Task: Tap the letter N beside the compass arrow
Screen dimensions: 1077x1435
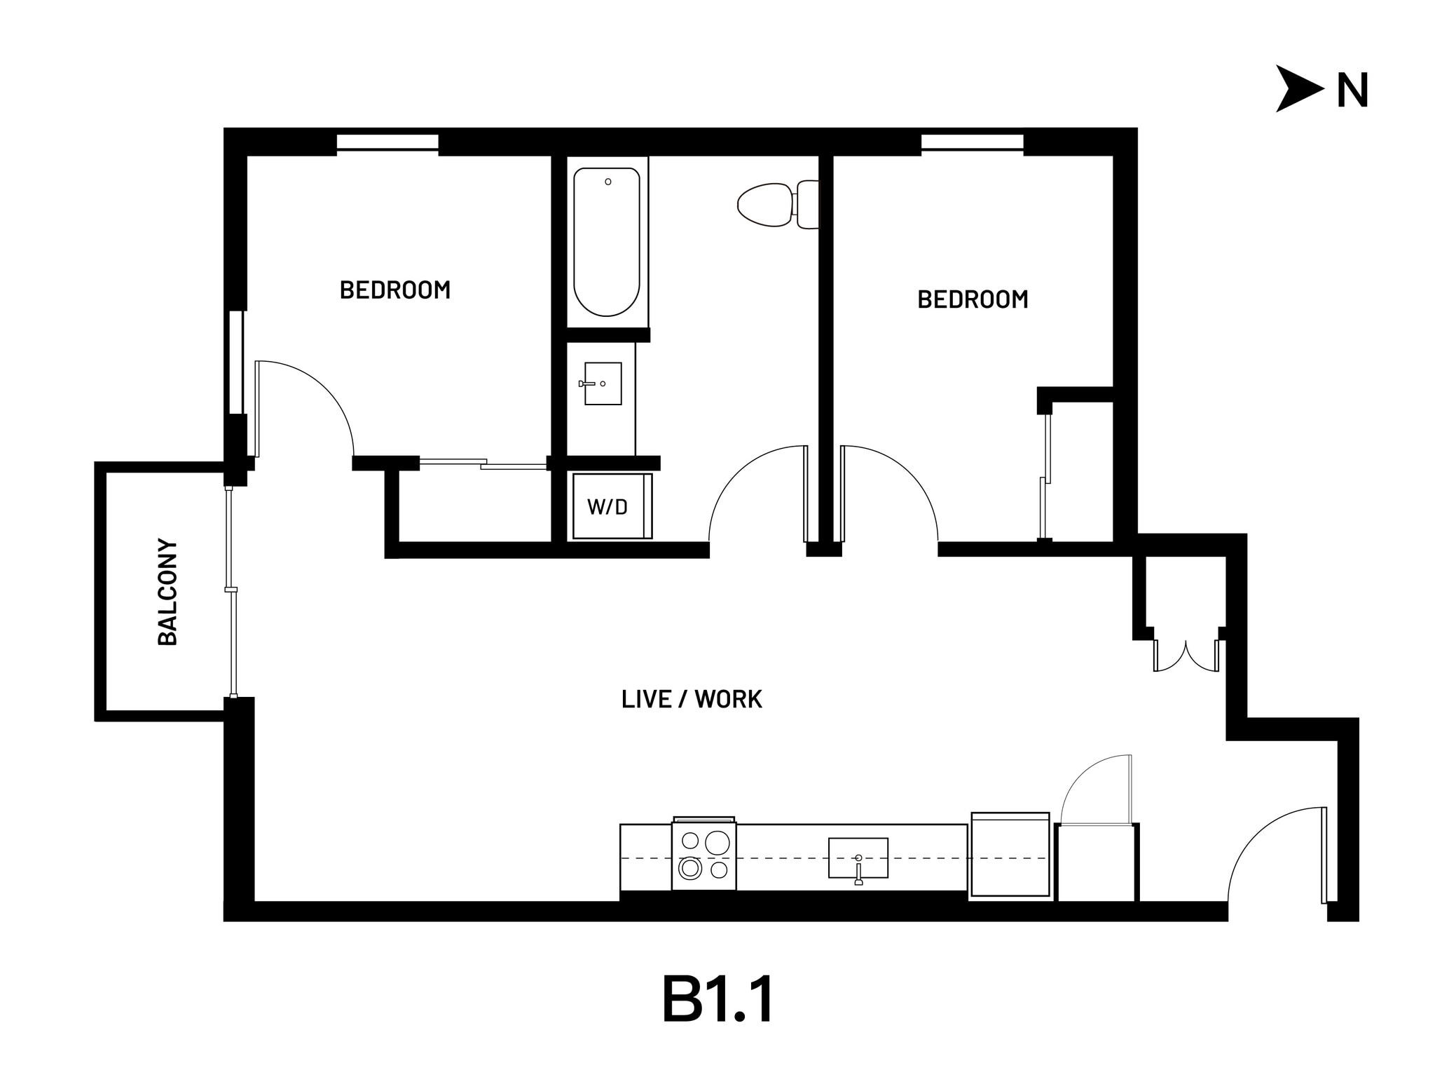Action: pyautogui.click(x=1352, y=91)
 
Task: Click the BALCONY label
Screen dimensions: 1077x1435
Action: pyautogui.click(x=167, y=592)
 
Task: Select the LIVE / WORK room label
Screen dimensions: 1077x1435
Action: pyautogui.click(x=692, y=699)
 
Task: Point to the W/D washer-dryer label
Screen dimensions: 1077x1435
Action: pyautogui.click(x=607, y=507)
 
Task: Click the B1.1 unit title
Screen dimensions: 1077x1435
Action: pyautogui.click(x=717, y=1000)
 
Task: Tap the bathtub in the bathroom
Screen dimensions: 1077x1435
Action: pyautogui.click(x=607, y=242)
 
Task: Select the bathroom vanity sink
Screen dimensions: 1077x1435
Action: pyautogui.click(x=603, y=384)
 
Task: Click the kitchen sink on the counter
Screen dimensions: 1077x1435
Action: pyautogui.click(x=858, y=858)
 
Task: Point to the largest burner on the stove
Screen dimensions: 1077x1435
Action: pyautogui.click(x=717, y=842)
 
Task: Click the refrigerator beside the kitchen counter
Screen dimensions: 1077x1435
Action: pyautogui.click(x=1010, y=855)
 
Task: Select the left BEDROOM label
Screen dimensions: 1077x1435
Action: pyautogui.click(x=394, y=290)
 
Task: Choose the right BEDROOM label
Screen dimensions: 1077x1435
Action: pyautogui.click(x=973, y=300)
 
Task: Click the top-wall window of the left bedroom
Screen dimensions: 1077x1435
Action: pyautogui.click(x=387, y=142)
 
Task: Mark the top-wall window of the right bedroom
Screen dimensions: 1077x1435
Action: pyautogui.click(x=972, y=142)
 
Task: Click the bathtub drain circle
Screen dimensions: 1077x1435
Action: pyautogui.click(x=608, y=182)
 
